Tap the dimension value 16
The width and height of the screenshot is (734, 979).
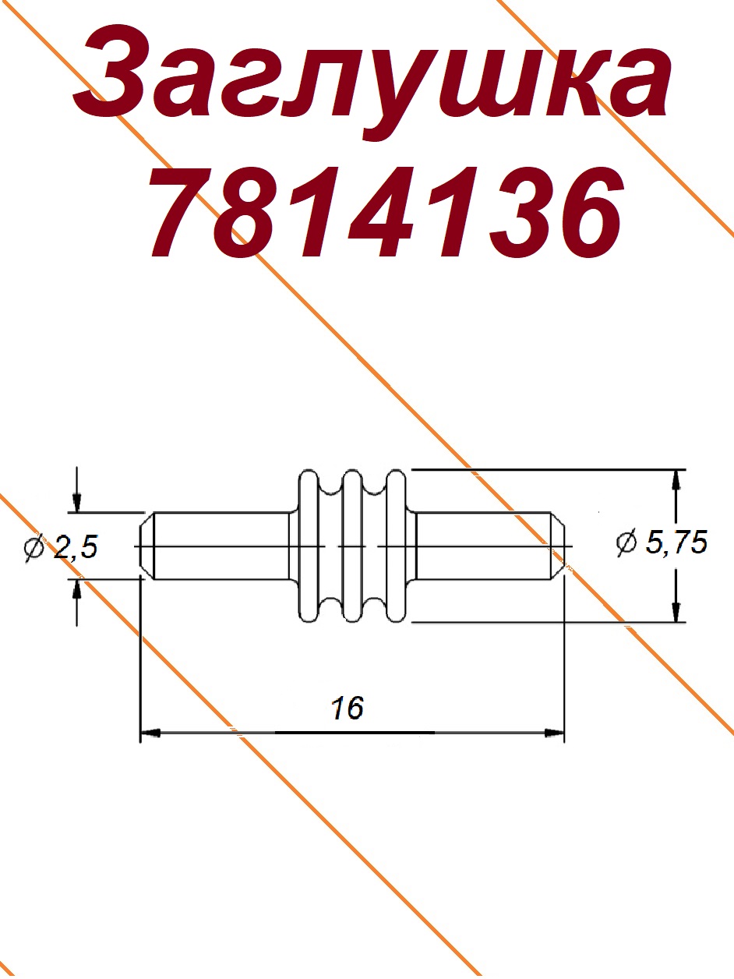click(348, 708)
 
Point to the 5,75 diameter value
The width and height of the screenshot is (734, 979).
click(676, 544)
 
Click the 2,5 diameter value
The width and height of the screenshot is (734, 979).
click(76, 548)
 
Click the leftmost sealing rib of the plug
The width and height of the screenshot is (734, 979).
click(308, 546)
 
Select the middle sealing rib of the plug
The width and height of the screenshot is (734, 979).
click(352, 546)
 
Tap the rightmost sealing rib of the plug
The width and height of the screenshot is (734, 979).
click(395, 546)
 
